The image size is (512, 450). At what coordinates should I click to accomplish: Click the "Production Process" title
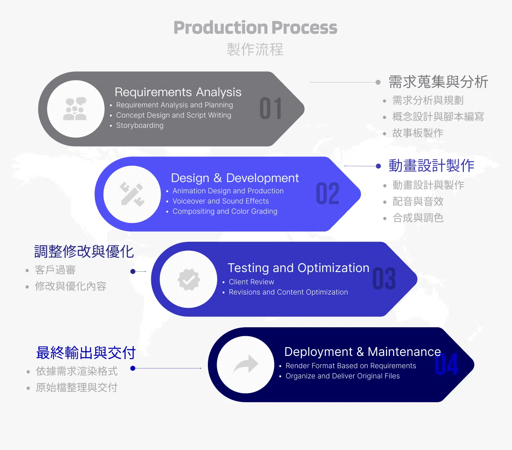[255, 28]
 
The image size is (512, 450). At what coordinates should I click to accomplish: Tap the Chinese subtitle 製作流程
[255, 49]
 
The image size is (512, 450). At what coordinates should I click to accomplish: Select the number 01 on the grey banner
[271, 109]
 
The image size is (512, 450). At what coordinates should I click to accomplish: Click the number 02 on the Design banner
[328, 194]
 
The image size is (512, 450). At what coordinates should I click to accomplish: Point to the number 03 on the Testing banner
[384, 279]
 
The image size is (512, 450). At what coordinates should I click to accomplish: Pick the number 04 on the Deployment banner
[446, 364]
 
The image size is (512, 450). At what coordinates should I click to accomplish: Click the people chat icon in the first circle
[75, 109]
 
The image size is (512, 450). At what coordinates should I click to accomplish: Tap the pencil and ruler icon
[132, 194]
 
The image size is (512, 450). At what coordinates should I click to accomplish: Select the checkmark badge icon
[189, 280]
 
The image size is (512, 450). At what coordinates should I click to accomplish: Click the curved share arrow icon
[246, 364]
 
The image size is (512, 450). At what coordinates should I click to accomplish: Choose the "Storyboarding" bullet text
[140, 125]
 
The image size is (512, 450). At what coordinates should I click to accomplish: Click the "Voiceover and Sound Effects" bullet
[221, 201]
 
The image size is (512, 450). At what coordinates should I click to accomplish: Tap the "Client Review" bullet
[251, 282]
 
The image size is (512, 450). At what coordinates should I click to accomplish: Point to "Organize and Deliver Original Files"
[342, 376]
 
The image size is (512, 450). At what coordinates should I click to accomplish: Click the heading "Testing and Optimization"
[298, 268]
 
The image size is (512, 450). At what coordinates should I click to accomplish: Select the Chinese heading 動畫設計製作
[431, 166]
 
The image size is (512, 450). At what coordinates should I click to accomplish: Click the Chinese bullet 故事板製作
[418, 133]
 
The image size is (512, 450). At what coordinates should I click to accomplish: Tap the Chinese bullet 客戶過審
[55, 270]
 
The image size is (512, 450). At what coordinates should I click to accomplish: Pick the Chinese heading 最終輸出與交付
[86, 353]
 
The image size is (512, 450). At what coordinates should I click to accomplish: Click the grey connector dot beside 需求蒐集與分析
[378, 82]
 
